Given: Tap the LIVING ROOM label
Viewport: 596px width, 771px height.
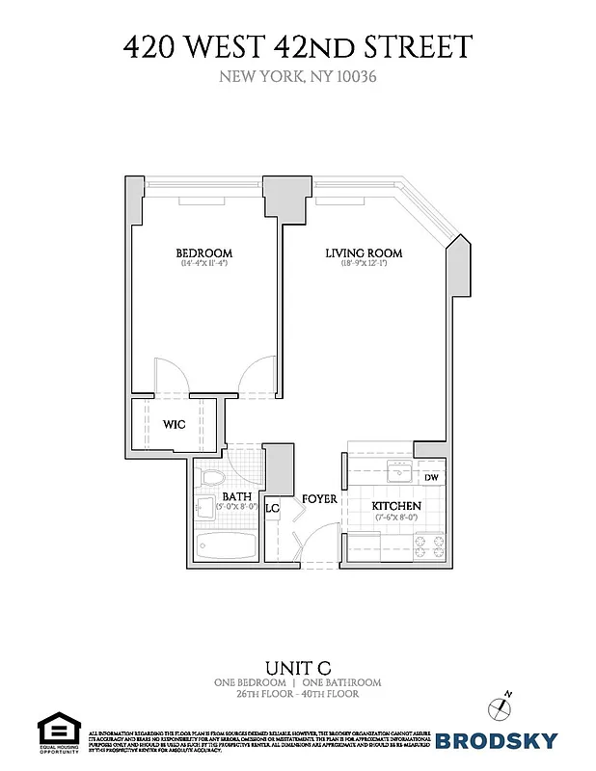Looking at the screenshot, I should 364,253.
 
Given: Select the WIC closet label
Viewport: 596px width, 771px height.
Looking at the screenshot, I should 174,424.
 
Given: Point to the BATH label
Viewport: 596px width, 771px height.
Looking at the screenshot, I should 236,497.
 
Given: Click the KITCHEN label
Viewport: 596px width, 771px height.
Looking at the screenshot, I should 396,506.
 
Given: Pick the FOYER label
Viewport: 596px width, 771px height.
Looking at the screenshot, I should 319,499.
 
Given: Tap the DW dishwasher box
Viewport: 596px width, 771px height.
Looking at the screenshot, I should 431,477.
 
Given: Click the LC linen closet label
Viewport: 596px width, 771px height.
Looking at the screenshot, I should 272,507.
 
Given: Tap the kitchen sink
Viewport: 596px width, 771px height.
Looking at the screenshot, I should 395,472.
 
